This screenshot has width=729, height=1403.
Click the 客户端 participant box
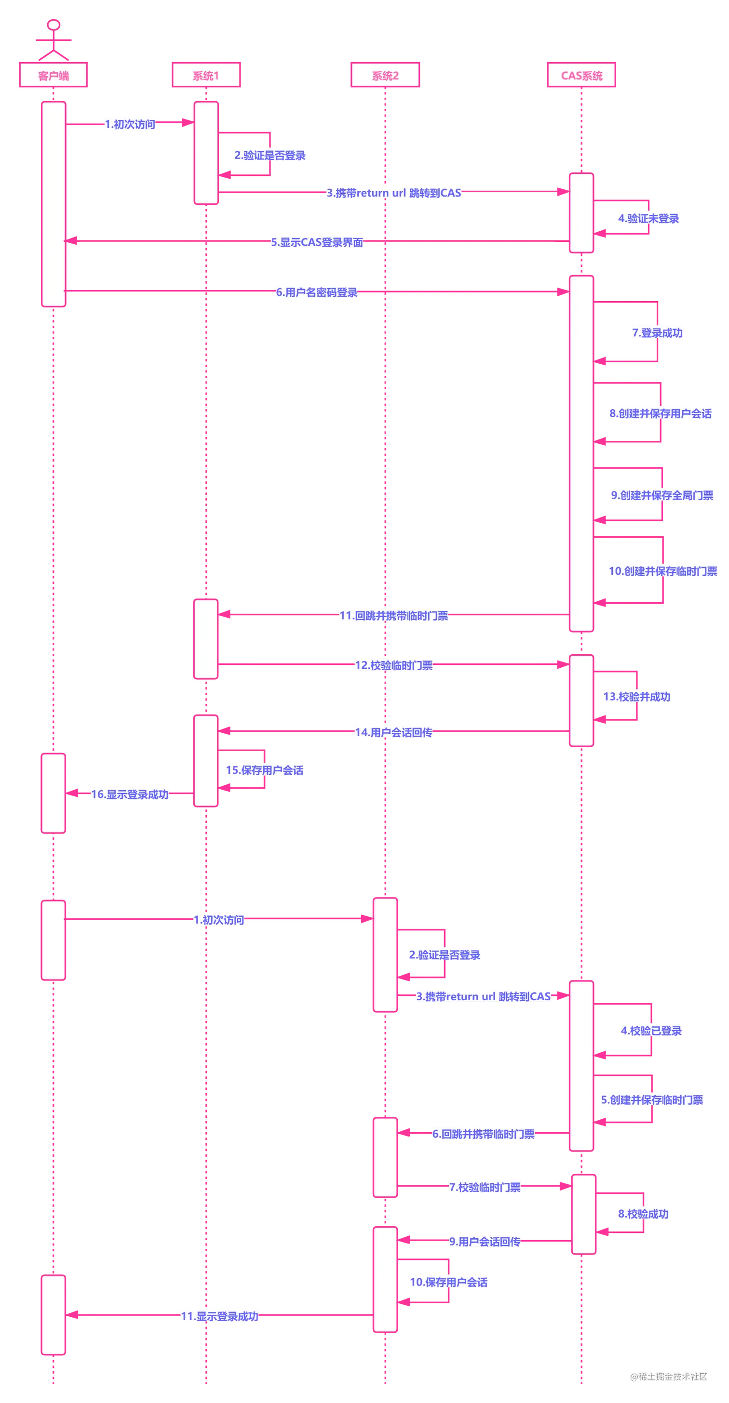[54, 75]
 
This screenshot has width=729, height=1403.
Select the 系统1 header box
[206, 75]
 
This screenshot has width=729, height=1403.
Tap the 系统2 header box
[385, 75]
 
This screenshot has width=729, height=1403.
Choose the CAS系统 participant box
[581, 75]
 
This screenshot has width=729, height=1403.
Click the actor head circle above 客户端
[54, 25]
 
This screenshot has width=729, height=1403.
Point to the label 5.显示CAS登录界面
[318, 242]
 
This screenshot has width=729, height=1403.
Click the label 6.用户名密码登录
[317, 292]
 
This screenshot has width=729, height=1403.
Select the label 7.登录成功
[657, 333]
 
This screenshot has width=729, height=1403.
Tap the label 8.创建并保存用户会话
[661, 413]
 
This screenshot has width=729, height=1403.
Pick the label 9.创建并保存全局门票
[662, 495]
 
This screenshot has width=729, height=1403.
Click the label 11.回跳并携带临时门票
[393, 616]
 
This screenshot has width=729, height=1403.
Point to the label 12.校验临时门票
[394, 665]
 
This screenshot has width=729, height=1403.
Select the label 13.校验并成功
[637, 697]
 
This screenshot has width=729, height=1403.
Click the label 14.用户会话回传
[394, 732]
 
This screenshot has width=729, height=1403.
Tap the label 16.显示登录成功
[130, 794]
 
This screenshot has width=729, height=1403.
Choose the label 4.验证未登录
[649, 219]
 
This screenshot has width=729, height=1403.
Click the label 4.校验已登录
[651, 1031]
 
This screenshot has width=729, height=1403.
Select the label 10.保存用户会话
[449, 1282]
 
